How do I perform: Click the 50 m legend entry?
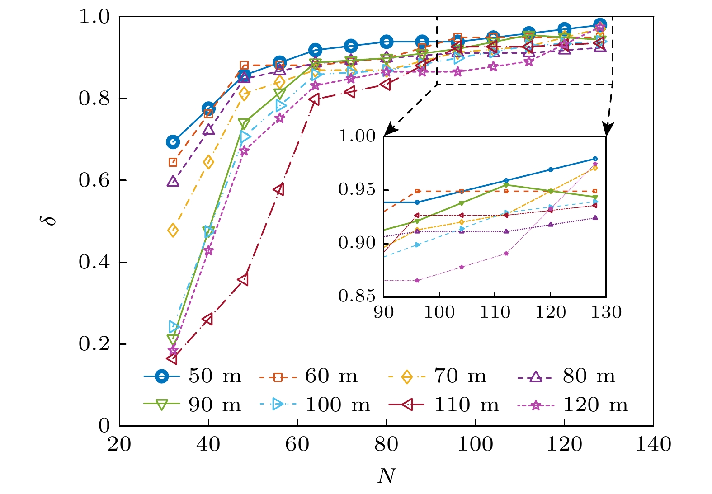(x=192, y=376)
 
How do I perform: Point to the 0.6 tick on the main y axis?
(x=94, y=180)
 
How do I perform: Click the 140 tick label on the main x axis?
(x=653, y=445)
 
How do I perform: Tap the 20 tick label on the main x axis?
(x=119, y=445)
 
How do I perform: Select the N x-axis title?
(x=386, y=476)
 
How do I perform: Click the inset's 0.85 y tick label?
(x=357, y=296)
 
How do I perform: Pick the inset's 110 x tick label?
(x=495, y=312)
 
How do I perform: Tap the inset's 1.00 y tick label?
(x=357, y=136)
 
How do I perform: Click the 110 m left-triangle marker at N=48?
(x=244, y=280)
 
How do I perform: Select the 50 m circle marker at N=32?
(x=173, y=142)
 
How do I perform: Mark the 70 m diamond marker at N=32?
(x=173, y=231)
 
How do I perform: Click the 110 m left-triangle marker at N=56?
(x=279, y=189)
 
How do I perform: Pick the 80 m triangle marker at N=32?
(x=173, y=182)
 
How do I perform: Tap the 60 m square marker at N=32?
(x=173, y=162)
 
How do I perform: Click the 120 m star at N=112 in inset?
(x=506, y=254)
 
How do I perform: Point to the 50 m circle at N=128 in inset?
(x=595, y=159)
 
